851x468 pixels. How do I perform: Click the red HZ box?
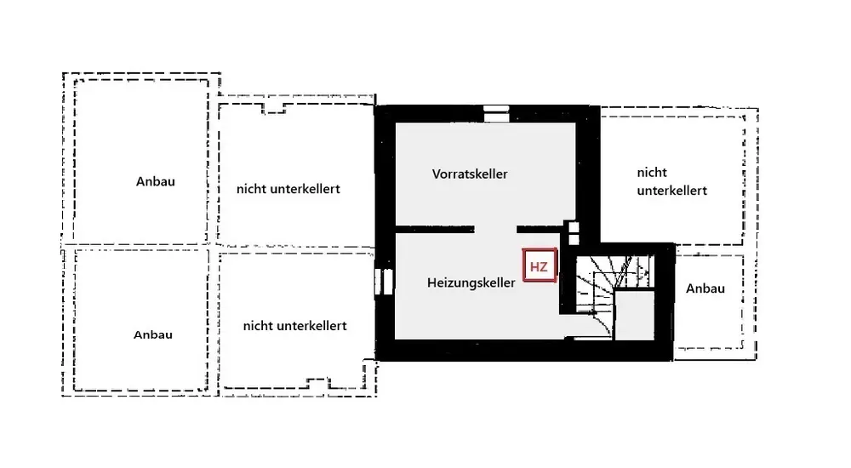540,266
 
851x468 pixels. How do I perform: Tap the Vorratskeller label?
470,174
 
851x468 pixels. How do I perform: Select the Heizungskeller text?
471,283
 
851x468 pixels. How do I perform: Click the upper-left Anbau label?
155,181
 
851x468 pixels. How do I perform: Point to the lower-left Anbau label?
153,334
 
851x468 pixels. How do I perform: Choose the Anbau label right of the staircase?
705,288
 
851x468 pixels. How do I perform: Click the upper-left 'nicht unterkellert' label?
288,189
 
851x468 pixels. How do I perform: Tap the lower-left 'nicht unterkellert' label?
294,326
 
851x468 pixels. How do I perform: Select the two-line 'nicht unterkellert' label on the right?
671,181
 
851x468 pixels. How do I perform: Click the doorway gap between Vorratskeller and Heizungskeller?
495,229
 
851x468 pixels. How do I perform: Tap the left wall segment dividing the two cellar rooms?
435,229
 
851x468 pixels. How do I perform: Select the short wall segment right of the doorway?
539,229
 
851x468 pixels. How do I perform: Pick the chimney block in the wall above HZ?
573,232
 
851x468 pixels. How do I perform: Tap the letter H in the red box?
534,266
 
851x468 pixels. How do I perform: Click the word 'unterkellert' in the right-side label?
671,191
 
